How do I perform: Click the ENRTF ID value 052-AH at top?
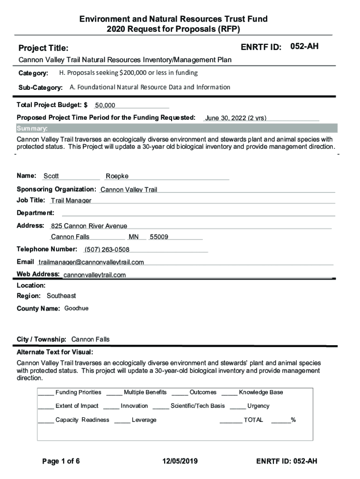point(304,46)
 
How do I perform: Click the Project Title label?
point(43,48)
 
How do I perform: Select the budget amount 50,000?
point(105,106)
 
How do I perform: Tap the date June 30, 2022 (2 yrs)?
point(236,118)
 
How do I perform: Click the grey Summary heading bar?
point(176,128)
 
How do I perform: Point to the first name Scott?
point(51,176)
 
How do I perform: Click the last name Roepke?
point(117,176)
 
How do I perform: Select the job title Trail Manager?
point(71,201)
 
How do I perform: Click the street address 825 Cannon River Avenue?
point(89,226)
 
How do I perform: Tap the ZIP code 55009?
point(159,237)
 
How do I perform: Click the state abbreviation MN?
point(134,237)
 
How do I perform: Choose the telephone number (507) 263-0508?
point(107,249)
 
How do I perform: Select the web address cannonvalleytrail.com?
point(94,275)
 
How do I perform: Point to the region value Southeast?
point(61,296)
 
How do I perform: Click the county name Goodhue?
point(76,309)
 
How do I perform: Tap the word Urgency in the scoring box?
point(258,406)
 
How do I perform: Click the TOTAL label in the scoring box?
point(253,420)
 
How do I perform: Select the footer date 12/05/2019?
point(180,461)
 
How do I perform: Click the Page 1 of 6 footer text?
point(61,461)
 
